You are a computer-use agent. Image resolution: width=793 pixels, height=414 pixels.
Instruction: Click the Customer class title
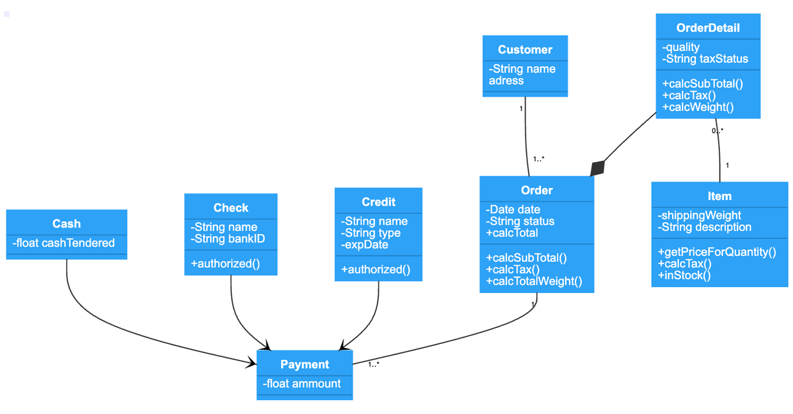click(x=525, y=50)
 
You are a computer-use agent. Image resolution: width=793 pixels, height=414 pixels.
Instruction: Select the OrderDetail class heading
click(x=708, y=28)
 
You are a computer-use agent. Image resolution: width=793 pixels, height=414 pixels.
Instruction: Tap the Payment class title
click(x=304, y=364)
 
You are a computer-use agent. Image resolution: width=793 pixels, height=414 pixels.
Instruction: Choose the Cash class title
click(x=66, y=224)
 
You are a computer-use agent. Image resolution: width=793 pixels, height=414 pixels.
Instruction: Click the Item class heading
click(x=719, y=196)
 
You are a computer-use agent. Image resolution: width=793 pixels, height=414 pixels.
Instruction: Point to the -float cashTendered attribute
click(x=63, y=243)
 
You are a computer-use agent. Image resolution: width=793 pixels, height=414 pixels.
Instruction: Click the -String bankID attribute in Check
click(x=227, y=239)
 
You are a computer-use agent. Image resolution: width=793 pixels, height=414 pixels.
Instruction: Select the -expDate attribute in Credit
click(x=364, y=245)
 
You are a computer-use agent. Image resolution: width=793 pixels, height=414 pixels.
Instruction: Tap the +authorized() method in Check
click(x=225, y=264)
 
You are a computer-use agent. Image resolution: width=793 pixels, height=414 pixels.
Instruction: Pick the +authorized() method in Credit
click(x=375, y=270)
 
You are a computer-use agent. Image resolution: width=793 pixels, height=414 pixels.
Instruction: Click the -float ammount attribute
click(x=302, y=384)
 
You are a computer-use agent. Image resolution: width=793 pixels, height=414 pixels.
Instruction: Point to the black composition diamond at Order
click(x=597, y=168)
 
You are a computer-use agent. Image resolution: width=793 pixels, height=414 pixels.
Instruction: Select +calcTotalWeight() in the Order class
click(x=534, y=282)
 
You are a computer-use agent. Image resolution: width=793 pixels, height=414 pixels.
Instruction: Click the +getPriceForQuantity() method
click(x=716, y=252)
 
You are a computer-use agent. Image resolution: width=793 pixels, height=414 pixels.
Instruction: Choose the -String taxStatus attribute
click(x=704, y=59)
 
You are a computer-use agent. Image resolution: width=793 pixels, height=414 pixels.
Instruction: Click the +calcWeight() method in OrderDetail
click(x=697, y=107)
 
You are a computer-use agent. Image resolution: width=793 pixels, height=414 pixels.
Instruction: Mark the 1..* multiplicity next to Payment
click(x=373, y=364)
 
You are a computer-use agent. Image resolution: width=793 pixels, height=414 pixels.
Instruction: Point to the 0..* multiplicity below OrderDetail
click(x=717, y=130)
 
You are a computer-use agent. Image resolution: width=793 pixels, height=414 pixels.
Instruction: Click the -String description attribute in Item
click(x=704, y=227)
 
